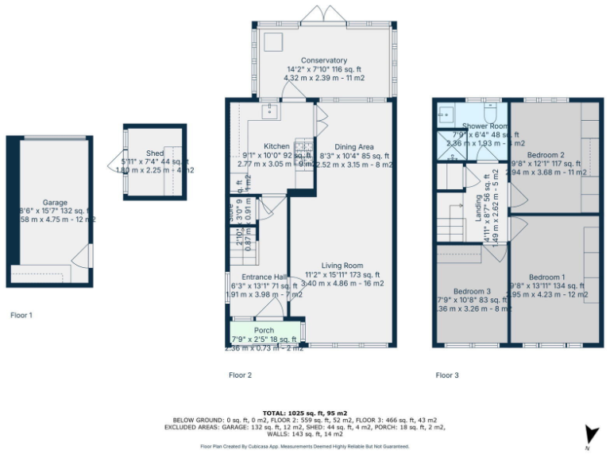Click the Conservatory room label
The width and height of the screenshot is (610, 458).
(324, 60)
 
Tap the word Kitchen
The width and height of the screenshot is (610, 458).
(276, 146)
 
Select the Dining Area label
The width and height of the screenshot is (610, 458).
(354, 146)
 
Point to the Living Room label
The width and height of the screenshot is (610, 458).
(342, 266)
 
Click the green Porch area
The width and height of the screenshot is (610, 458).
(264, 330)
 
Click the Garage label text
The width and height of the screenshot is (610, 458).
(55, 202)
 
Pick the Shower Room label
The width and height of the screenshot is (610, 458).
(485, 126)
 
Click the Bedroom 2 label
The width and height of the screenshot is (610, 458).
(546, 154)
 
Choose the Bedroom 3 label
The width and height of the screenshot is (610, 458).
(472, 290)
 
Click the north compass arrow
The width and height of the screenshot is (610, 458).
(589, 434)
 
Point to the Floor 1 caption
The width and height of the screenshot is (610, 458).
(21, 315)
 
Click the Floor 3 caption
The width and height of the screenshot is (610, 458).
(447, 375)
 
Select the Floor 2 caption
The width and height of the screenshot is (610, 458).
(240, 375)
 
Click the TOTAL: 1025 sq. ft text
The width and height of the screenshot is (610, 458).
(305, 413)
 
